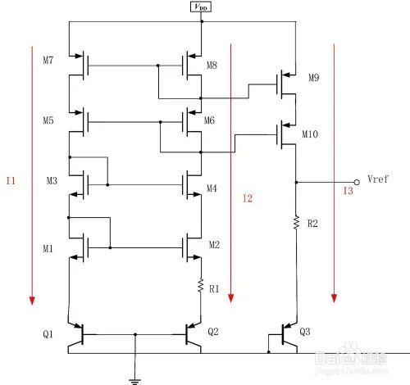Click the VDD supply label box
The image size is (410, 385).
201,7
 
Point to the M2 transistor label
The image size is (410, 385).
215,245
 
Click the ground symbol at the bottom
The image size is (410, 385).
134,378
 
